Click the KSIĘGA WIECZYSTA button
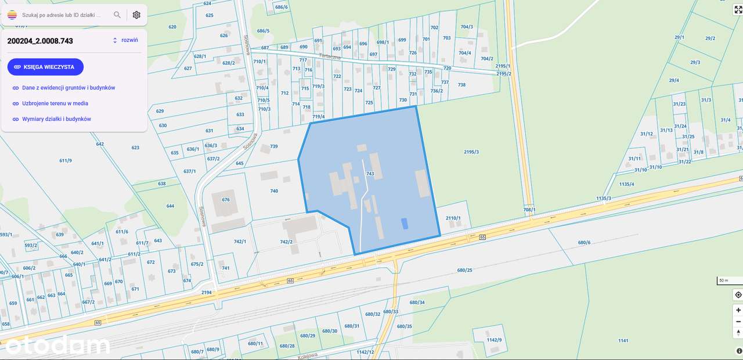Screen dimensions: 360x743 pos(45,67)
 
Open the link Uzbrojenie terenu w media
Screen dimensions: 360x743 pos(55,103)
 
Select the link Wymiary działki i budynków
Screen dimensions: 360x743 pos(56,119)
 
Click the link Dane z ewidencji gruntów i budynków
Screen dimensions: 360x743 pos(68,88)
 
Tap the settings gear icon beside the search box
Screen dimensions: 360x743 pos(136,15)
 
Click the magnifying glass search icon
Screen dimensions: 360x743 pos(117,15)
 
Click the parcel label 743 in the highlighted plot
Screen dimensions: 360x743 pos(370,174)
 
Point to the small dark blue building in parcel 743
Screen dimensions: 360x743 pos(405,222)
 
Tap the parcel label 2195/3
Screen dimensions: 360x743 pos(471,152)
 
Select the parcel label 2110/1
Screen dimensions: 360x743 pos(453,218)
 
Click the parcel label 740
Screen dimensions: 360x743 pos(274,191)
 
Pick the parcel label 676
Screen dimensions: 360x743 pos(226,200)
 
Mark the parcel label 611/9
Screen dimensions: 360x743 pos(66,161)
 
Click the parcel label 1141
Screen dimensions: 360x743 pos(623,340)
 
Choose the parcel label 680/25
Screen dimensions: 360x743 pos(464,270)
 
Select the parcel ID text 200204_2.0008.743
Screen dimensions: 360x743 pos(40,41)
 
